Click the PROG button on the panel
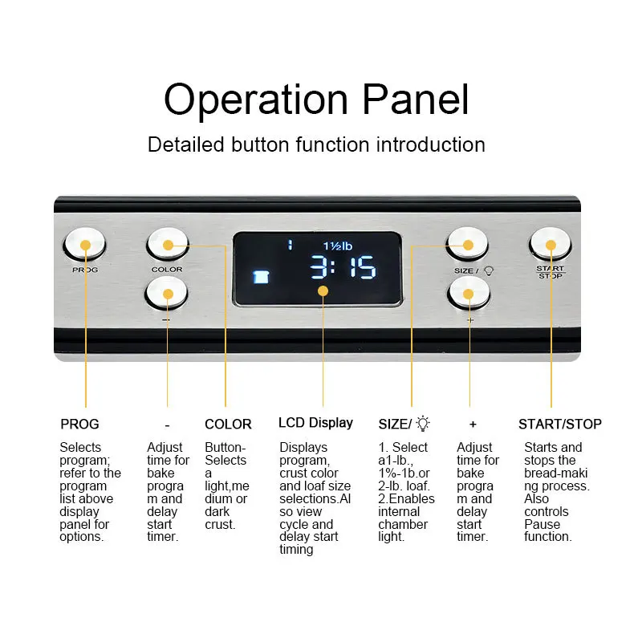pyautogui.click(x=85, y=244)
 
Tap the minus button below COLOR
pyautogui.click(x=167, y=293)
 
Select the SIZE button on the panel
pyautogui.click(x=467, y=244)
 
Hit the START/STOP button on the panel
pyautogui.click(x=550, y=244)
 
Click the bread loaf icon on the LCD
pyautogui.click(x=261, y=277)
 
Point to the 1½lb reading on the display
pyautogui.click(x=338, y=246)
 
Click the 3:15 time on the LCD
pyautogui.click(x=343, y=267)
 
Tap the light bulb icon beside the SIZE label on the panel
pyautogui.click(x=489, y=271)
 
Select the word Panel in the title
pyautogui.click(x=415, y=99)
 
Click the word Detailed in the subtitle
pyautogui.click(x=185, y=144)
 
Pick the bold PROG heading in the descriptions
pyautogui.click(x=79, y=424)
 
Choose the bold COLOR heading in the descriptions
pyautogui.click(x=228, y=424)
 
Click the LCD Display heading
pyautogui.click(x=315, y=424)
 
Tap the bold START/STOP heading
pyautogui.click(x=560, y=424)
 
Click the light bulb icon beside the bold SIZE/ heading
pyautogui.click(x=423, y=423)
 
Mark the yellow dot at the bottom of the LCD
pyautogui.click(x=323, y=291)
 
